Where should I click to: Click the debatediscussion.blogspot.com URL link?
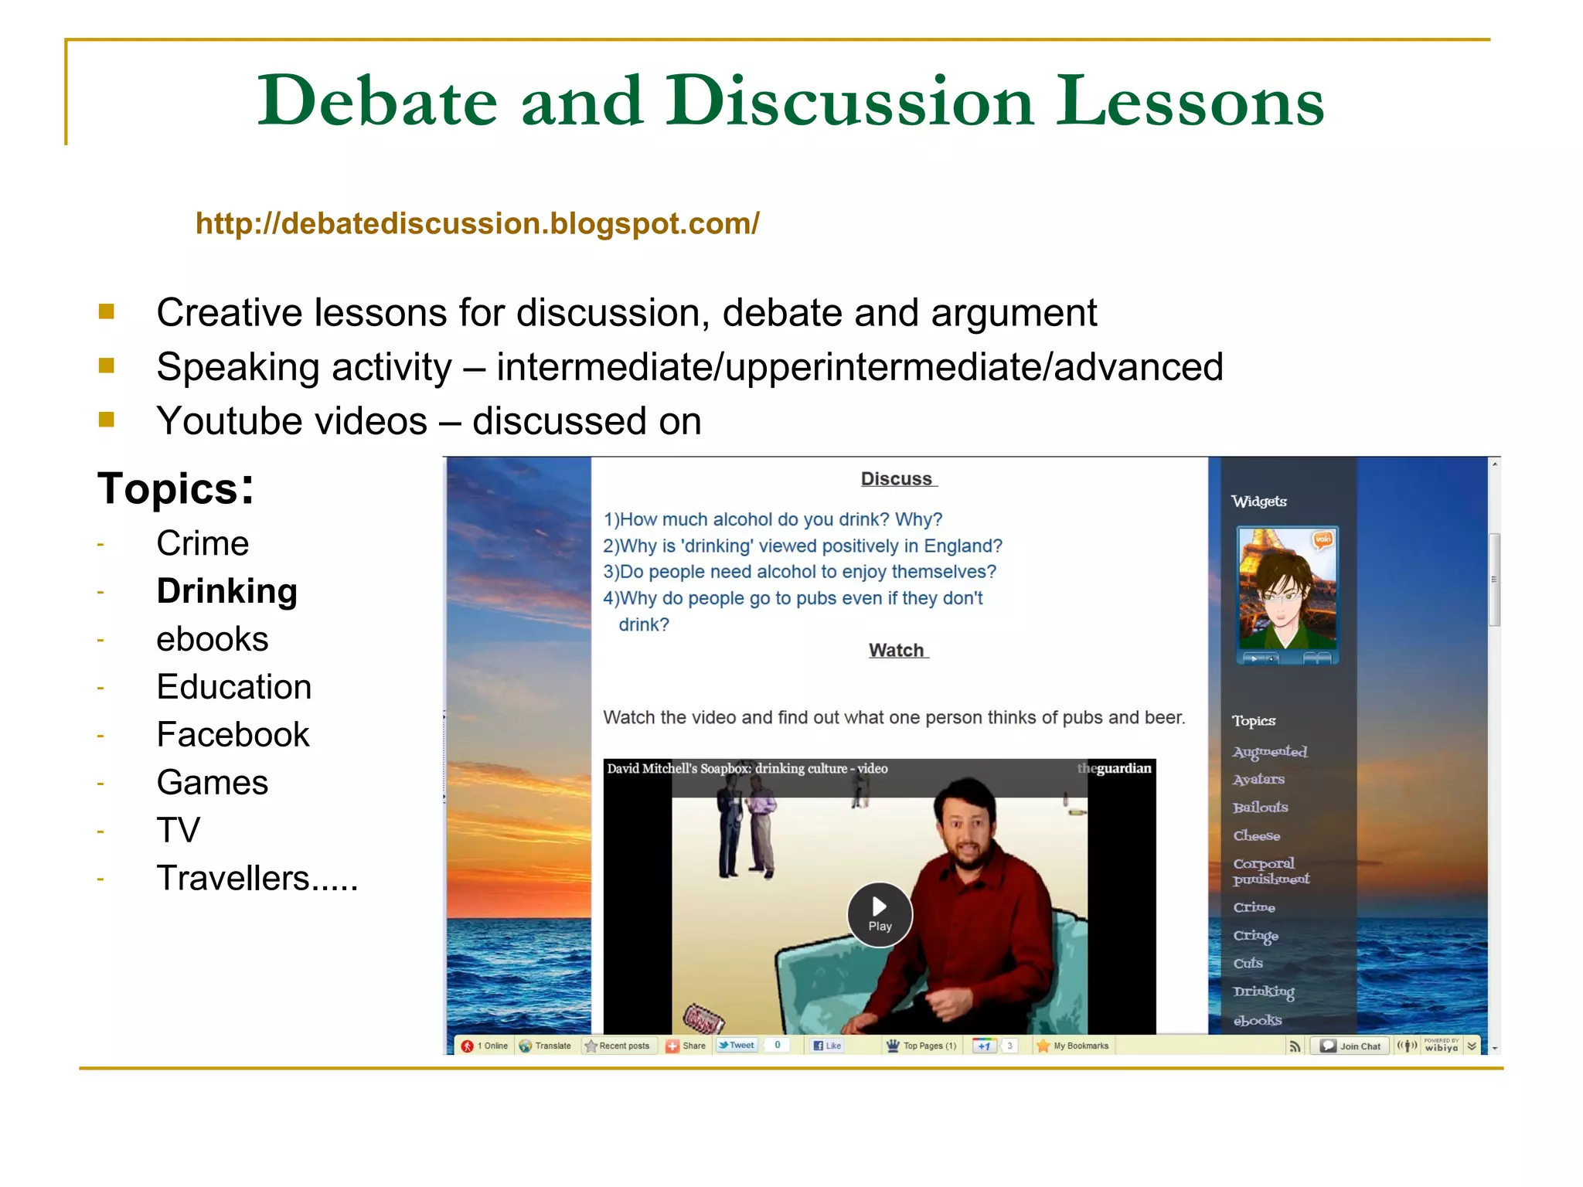click(x=477, y=224)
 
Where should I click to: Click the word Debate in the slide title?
click(x=376, y=101)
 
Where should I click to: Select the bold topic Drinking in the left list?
click(x=226, y=591)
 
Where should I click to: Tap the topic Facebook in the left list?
click(x=233, y=735)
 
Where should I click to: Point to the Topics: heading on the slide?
click(x=175, y=489)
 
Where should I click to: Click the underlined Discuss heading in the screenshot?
click(x=897, y=479)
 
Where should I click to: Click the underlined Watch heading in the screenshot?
click(x=897, y=651)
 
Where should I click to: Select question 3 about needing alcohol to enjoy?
click(x=799, y=572)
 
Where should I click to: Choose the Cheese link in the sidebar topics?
click(x=1256, y=836)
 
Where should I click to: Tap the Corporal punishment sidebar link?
click(x=1269, y=871)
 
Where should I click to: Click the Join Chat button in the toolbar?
click(x=1351, y=1046)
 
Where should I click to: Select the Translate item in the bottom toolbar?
click(x=546, y=1046)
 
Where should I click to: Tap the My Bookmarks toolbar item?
click(x=1074, y=1046)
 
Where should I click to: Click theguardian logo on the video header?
click(x=1115, y=769)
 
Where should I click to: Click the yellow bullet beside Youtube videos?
click(x=107, y=420)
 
